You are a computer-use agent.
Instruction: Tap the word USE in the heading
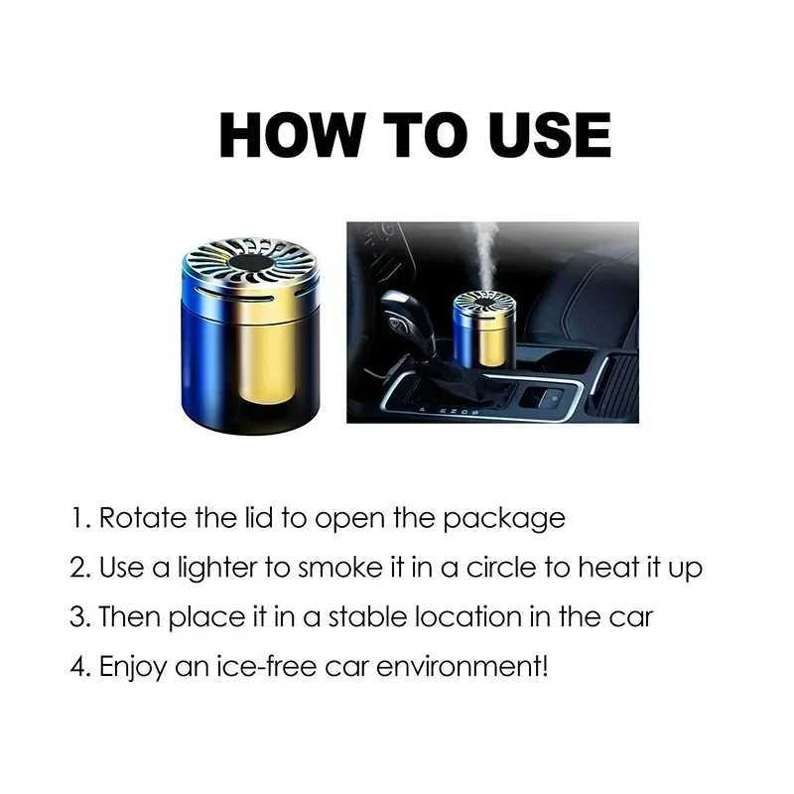[550, 135]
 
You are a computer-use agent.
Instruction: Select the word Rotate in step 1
[143, 518]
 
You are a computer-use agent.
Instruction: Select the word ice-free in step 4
[266, 666]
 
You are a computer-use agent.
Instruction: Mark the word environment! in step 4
[462, 666]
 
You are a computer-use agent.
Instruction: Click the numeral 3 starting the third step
[78, 617]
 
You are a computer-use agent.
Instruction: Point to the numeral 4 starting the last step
[78, 666]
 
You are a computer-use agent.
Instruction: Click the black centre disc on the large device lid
[251, 263]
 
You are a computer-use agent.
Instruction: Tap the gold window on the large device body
[266, 360]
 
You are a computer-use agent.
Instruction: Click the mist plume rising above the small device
[484, 257]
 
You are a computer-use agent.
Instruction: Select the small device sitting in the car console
[484, 330]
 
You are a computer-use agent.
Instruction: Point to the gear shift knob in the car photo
[405, 318]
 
